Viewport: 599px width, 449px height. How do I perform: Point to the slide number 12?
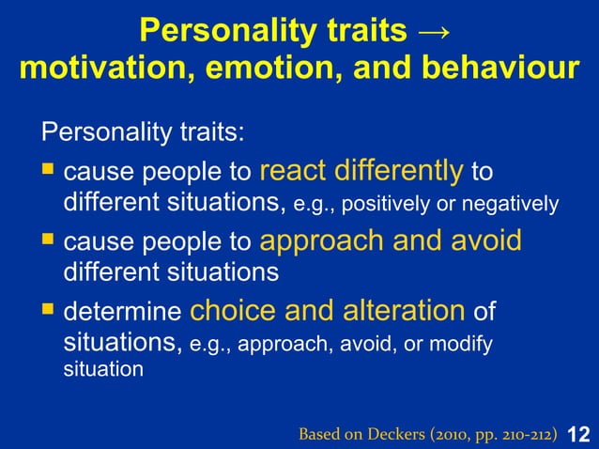click(x=579, y=433)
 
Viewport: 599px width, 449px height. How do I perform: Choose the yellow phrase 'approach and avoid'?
click(x=390, y=240)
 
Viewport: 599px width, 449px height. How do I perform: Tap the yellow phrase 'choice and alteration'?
click(x=328, y=310)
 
